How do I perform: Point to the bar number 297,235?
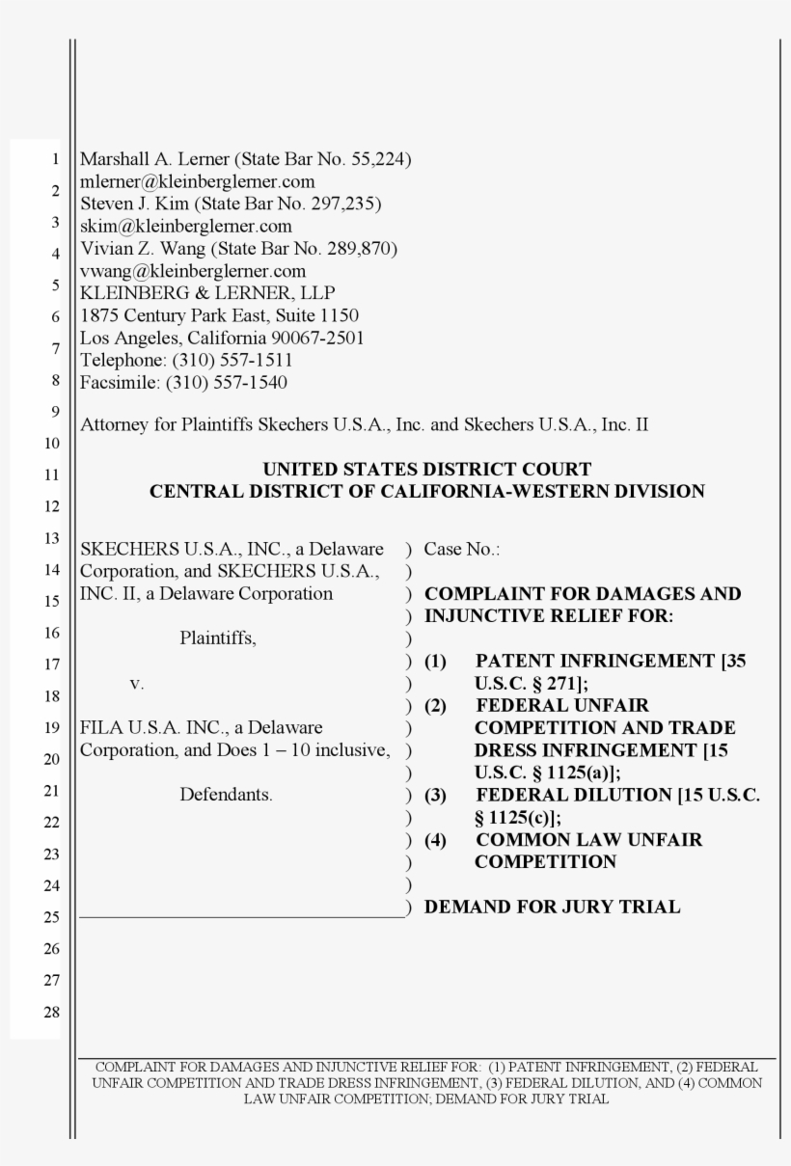click(x=348, y=203)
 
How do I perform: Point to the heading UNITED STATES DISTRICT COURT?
click(x=426, y=470)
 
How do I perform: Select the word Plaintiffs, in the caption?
click(x=218, y=637)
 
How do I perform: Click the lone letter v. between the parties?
click(x=136, y=683)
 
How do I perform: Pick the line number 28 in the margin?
click(x=52, y=1013)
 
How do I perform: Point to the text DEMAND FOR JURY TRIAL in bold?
click(x=553, y=907)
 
